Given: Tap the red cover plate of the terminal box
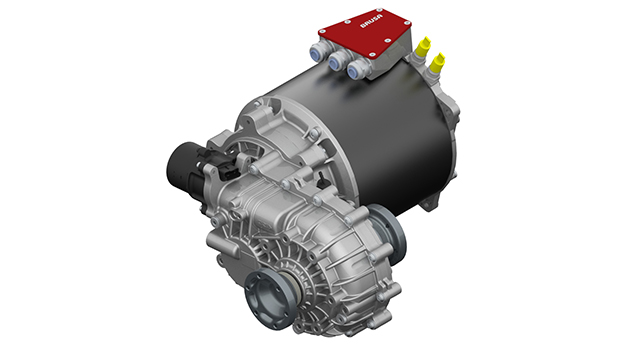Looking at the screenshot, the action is (364, 32).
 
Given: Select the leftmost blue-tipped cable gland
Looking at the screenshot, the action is (318, 51).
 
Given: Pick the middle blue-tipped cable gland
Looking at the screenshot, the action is (336, 61).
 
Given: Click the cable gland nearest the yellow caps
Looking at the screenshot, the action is (355, 70).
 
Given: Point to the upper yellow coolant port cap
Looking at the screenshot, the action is (423, 46).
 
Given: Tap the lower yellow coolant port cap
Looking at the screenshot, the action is (437, 62).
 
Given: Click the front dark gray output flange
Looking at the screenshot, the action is (269, 298).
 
